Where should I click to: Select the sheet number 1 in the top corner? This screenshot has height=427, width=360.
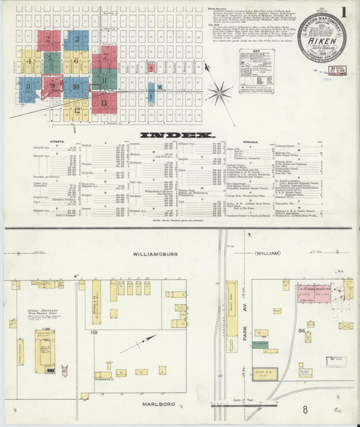tap(344, 11)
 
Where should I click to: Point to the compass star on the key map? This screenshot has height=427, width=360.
tap(219, 93)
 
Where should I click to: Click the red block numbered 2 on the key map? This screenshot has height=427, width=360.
tap(49, 40)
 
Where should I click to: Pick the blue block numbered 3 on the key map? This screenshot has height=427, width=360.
tap(76, 40)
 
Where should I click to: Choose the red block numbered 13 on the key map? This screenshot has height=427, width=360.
tap(104, 103)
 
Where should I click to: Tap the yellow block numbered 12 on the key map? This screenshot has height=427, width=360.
tap(76, 110)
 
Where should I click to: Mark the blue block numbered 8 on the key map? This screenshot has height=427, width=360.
tap(28, 86)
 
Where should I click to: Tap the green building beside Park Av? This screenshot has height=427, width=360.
tap(260, 344)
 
